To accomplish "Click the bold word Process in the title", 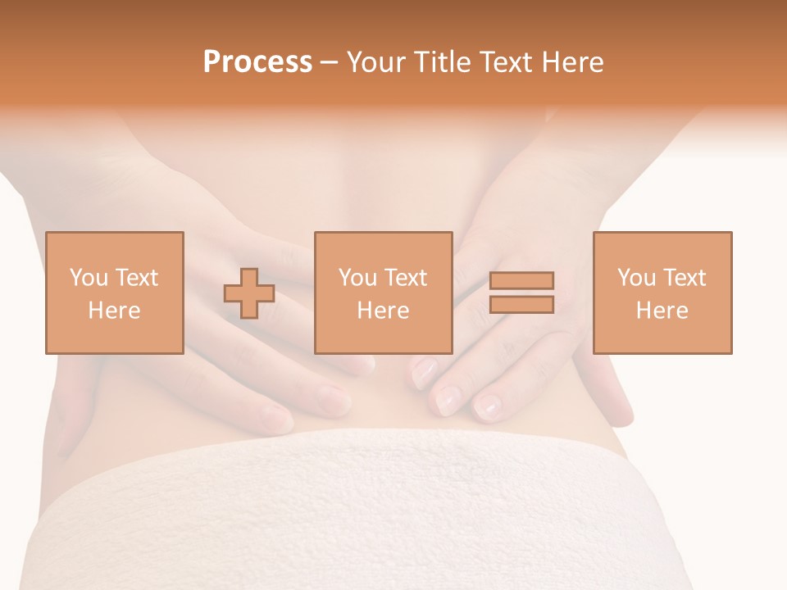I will [x=257, y=62].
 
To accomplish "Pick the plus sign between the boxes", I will [x=249, y=293].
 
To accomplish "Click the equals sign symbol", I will [x=521, y=293].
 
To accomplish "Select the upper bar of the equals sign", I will [x=521, y=281].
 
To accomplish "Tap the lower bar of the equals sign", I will [x=521, y=305].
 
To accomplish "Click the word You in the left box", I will [x=89, y=278].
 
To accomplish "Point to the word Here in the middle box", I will [x=384, y=311].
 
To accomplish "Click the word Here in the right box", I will [x=662, y=311].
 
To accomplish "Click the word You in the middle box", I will [x=357, y=278].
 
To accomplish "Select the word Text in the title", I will [x=504, y=62].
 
